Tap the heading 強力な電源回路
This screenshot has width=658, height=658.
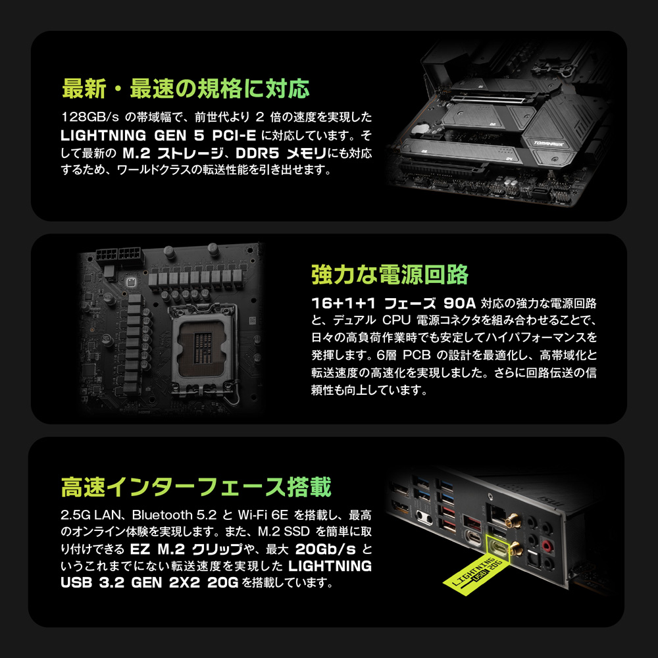pos(390,274)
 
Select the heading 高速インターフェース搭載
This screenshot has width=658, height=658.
pos(196,488)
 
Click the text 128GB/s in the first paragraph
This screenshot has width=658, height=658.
pos(89,118)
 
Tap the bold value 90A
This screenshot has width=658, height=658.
pos(460,304)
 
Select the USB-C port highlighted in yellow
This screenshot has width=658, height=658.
pos(502,547)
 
